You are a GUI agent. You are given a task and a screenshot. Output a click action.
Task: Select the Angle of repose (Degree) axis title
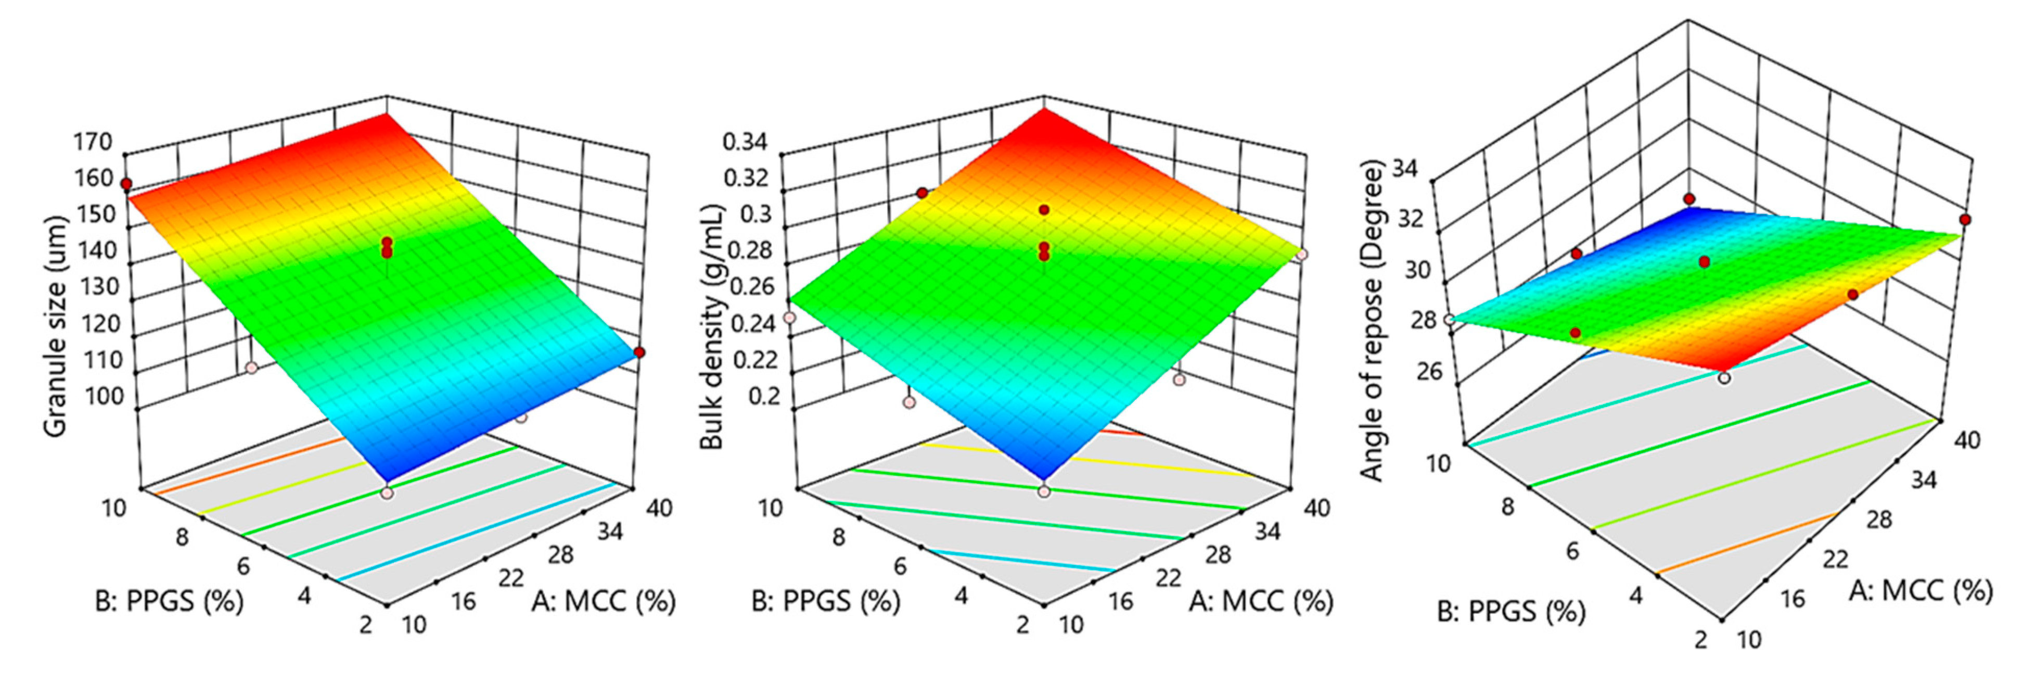tap(1373, 320)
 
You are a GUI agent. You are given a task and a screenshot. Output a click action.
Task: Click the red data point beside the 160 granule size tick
tap(125, 184)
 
